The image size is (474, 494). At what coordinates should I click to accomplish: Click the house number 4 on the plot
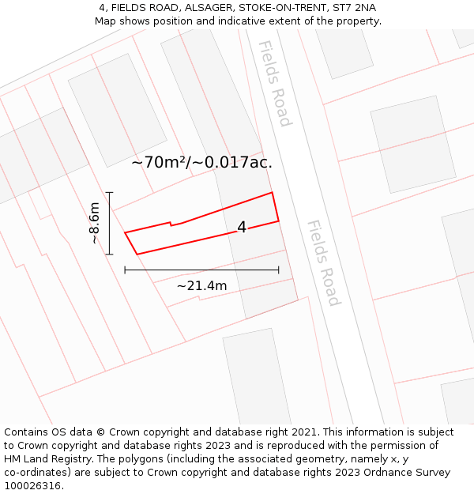click(x=242, y=228)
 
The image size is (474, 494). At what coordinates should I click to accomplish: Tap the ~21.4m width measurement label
click(x=201, y=285)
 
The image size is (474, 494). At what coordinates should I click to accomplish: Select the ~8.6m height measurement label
click(x=94, y=223)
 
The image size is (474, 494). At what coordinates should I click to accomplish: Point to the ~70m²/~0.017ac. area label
click(x=201, y=163)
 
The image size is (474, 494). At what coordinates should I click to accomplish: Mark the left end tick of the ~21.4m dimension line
click(x=125, y=270)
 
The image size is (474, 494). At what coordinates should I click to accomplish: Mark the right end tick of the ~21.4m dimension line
click(x=279, y=270)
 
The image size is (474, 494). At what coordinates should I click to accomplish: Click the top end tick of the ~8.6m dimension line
click(x=109, y=192)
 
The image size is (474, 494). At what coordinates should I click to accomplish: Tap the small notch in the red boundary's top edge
click(x=171, y=224)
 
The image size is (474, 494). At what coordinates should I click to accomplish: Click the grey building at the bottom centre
click(x=257, y=375)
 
